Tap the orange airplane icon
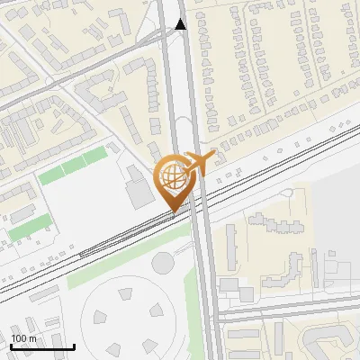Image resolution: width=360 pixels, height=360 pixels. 199,163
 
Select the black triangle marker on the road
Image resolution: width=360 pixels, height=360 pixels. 181,24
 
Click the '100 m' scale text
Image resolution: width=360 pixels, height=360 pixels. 24,338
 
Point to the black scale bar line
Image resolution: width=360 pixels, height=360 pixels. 42,346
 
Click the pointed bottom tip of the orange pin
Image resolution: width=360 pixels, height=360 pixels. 174,212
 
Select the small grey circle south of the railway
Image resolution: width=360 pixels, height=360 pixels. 163,263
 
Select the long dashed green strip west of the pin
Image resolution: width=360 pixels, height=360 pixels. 73,167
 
